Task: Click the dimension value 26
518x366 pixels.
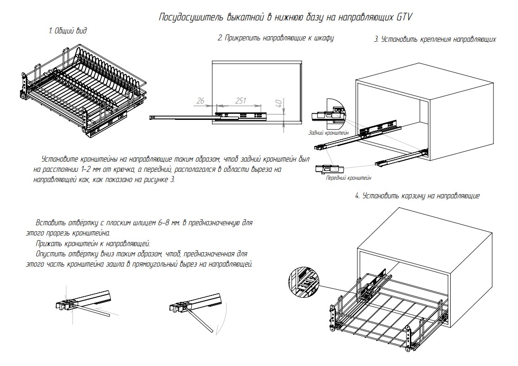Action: point(201,101)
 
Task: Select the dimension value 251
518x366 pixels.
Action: point(240,101)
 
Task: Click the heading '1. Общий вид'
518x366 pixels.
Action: point(68,31)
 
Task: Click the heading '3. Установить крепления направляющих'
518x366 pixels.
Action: point(435,39)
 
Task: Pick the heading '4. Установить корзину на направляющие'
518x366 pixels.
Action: point(417,196)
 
